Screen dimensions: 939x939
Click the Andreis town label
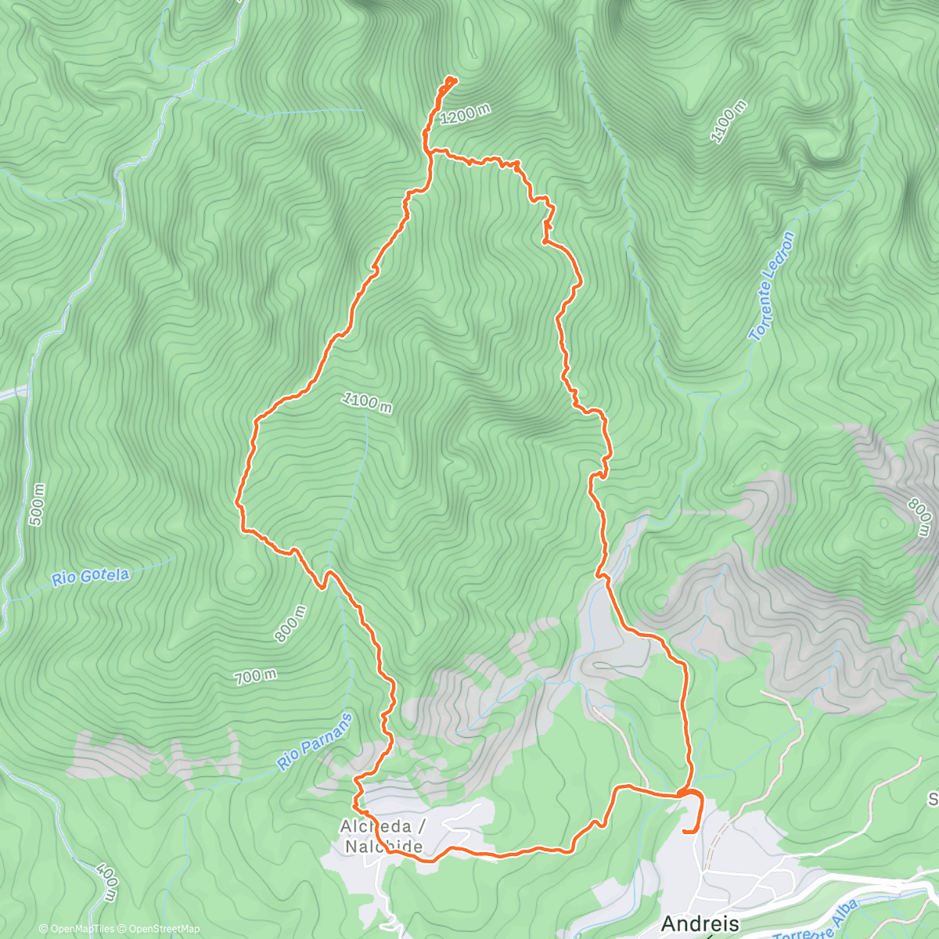pyautogui.click(x=700, y=922)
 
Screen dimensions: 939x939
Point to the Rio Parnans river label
pyautogui.click(x=316, y=742)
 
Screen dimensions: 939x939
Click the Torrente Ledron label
pyautogui.click(x=772, y=286)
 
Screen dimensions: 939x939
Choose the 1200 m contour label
pyautogui.click(x=465, y=115)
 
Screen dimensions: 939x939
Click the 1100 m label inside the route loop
pyautogui.click(x=367, y=403)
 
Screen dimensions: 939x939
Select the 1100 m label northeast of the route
pyautogui.click(x=728, y=122)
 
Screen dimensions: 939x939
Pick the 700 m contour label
pyautogui.click(x=256, y=676)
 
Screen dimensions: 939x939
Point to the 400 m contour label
pyautogui.click(x=106, y=880)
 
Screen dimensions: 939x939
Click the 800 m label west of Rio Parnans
pyautogui.click(x=290, y=624)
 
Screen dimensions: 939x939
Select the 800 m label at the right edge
pyautogui.click(x=920, y=518)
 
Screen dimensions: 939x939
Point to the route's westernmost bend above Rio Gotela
pyautogui.click(x=238, y=501)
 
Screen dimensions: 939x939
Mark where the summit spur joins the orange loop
pyautogui.click(x=430, y=151)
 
